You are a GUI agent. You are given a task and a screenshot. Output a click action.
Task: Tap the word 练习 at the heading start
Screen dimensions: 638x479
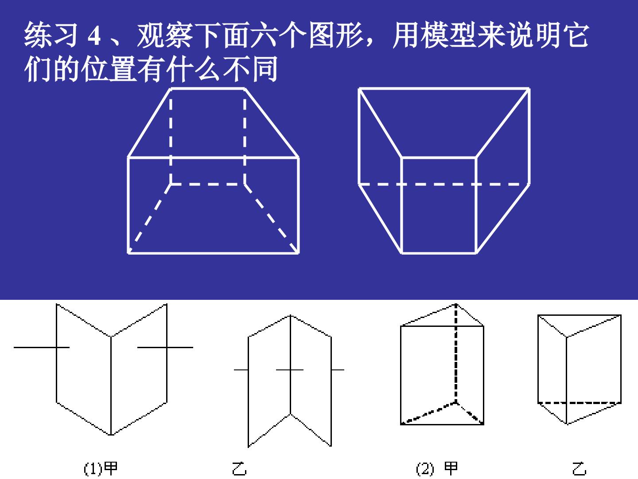[x=51, y=35]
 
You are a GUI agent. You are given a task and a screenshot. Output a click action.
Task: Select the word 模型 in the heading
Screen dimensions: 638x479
[x=449, y=35]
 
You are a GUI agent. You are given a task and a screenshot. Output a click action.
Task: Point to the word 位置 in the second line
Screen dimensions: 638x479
[x=109, y=69]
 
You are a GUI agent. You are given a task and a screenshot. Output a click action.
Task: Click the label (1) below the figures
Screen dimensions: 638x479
[x=93, y=468]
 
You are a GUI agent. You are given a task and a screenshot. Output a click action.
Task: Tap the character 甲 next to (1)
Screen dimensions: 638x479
[x=111, y=468]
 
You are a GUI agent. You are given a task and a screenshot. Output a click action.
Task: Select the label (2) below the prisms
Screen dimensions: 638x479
[x=425, y=468]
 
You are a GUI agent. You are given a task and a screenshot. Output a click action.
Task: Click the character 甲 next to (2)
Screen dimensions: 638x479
[x=451, y=468]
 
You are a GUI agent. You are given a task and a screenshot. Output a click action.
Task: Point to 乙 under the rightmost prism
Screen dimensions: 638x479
[x=579, y=468]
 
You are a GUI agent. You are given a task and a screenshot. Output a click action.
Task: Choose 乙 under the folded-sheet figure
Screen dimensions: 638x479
[x=239, y=468]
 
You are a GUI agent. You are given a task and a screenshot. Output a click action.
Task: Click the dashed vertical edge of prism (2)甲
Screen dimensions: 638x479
[x=456, y=353]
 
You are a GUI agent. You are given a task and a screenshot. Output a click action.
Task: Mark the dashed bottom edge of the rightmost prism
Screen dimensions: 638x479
[x=580, y=403]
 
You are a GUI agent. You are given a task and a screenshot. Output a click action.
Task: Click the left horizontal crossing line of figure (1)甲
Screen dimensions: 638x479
[x=42, y=347]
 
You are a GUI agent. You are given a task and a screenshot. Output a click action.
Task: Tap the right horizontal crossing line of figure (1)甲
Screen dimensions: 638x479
[x=165, y=347]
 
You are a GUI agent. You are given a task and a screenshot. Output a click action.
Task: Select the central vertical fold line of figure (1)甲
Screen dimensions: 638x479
[x=111, y=386]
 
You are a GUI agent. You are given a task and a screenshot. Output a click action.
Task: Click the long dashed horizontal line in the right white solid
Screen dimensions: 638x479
[x=444, y=184]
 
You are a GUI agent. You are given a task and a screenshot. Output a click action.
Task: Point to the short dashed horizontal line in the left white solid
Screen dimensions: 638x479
[x=207, y=184]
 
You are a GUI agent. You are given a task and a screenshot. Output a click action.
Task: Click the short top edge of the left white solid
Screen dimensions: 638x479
[x=207, y=88]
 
